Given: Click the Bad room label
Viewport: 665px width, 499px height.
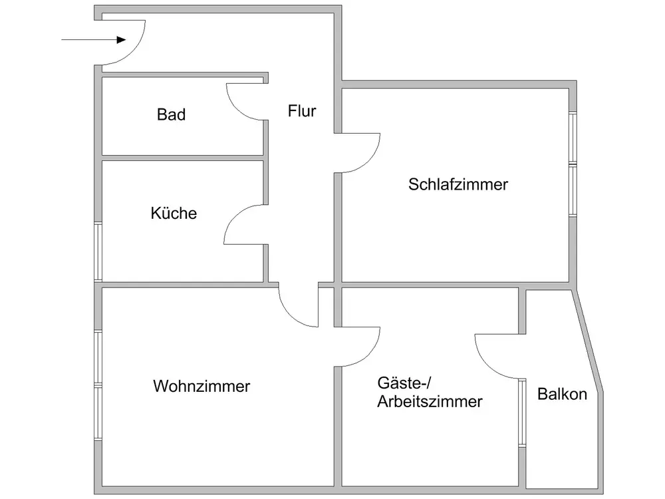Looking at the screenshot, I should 171,114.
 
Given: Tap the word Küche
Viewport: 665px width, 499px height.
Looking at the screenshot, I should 174,214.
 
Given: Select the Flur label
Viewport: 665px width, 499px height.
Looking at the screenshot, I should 301,110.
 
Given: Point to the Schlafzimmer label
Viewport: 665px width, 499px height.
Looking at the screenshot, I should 458,184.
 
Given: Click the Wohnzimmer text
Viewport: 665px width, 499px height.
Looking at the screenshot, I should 201,386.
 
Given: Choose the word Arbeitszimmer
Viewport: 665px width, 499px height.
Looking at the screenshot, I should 430,402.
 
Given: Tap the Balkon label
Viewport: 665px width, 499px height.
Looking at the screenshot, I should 562,394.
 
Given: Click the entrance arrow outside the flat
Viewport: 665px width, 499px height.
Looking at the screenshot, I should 93,40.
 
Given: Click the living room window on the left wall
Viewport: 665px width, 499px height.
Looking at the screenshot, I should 98,386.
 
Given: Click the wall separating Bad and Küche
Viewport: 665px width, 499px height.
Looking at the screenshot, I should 182,158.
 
